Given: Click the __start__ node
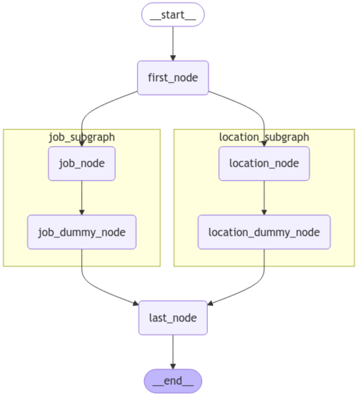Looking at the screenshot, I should click(x=173, y=15).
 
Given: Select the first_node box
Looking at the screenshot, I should click(x=173, y=78).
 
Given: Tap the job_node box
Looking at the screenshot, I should click(x=82, y=163).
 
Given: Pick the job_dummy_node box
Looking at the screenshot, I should click(x=82, y=232).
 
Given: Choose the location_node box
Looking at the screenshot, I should click(x=264, y=163).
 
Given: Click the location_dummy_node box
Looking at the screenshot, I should click(x=264, y=232).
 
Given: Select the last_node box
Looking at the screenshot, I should click(x=173, y=318).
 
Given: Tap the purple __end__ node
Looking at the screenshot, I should click(x=173, y=381).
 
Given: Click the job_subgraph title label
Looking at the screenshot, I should click(x=82, y=137).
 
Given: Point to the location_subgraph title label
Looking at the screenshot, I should click(x=264, y=137).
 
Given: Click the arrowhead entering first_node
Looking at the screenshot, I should click(x=173, y=58).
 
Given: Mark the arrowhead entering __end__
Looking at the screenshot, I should click(x=173, y=366).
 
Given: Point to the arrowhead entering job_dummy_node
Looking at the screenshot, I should click(x=82, y=212).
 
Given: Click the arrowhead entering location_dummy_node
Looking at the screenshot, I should click(x=264, y=212).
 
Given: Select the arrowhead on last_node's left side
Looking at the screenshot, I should click(x=136, y=303).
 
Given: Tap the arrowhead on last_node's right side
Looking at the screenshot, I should click(x=210, y=303).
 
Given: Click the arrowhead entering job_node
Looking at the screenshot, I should click(x=82, y=144).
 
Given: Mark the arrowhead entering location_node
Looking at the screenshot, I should click(x=264, y=144).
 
